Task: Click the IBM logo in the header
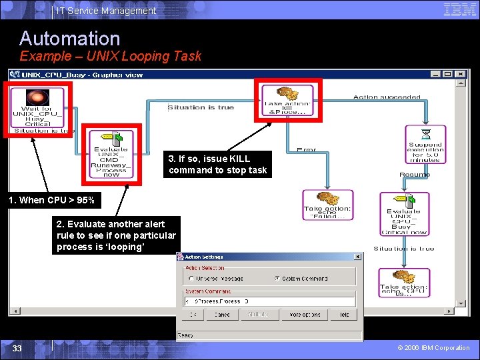point(459,9)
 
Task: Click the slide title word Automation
point(69,38)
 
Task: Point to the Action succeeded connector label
point(387,97)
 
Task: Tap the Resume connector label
point(414,175)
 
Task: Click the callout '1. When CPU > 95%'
point(51,200)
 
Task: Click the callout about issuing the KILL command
point(217,165)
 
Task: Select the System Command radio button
point(277,279)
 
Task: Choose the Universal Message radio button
point(191,279)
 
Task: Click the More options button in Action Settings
point(305,315)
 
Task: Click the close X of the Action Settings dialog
point(357,257)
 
